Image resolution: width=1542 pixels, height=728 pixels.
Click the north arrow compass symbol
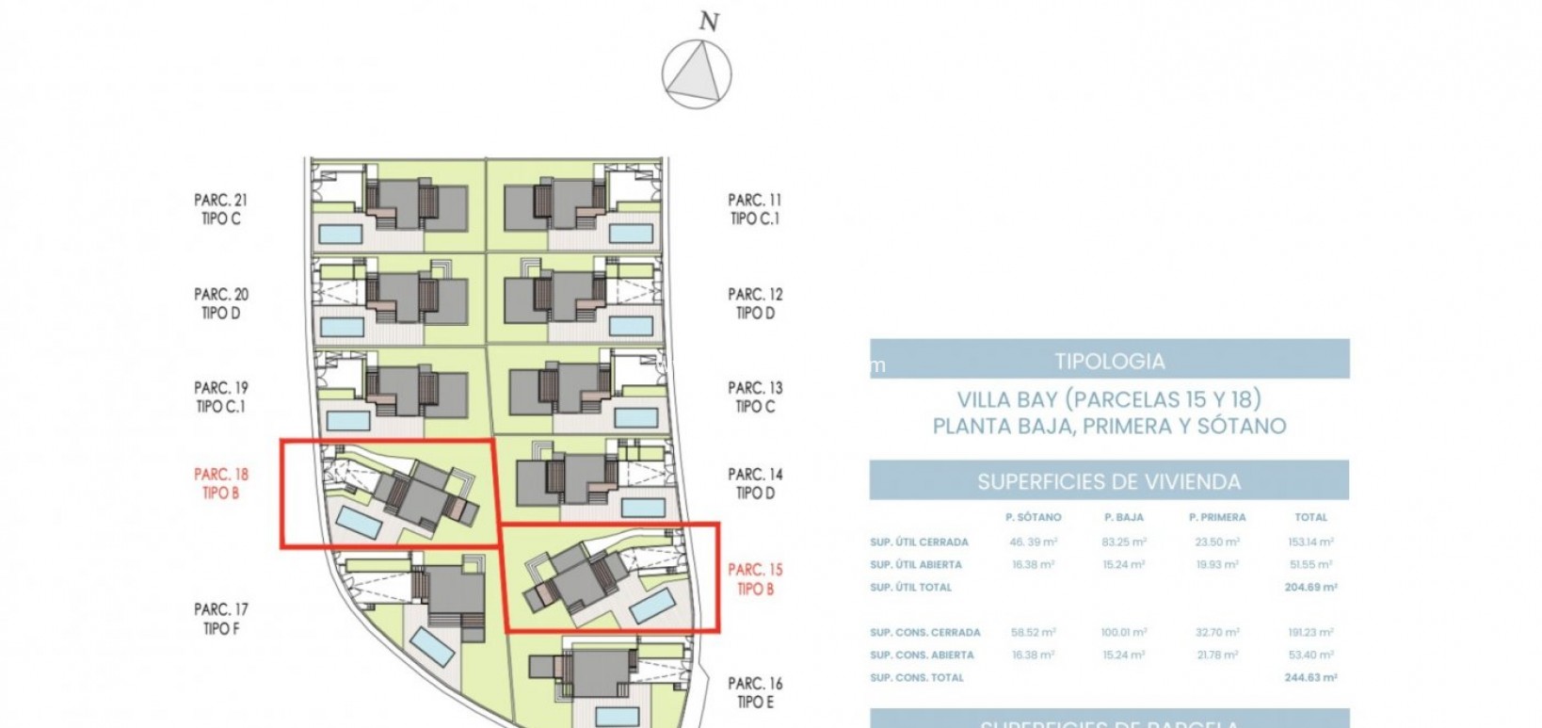[x=697, y=74]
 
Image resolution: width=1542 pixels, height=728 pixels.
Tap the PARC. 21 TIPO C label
[x=220, y=209]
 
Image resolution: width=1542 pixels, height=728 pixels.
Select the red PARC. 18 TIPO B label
[x=220, y=483]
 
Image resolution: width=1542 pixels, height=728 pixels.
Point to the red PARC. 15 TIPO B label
[x=755, y=579]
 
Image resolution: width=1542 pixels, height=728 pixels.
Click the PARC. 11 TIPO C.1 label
[x=755, y=209]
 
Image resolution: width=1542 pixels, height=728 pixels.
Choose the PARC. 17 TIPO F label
[x=220, y=619]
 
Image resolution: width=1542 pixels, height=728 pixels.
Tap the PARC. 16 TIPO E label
[x=755, y=692]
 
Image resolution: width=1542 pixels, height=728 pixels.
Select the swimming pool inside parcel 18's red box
[x=361, y=522]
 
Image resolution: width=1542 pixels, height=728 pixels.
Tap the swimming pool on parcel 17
[x=434, y=644]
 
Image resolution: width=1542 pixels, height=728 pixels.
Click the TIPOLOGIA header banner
[x=1109, y=361]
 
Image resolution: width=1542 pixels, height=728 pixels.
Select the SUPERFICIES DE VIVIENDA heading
[x=1109, y=482]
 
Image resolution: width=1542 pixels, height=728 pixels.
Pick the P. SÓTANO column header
[x=1033, y=517]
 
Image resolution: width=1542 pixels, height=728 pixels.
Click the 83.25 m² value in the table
[x=1123, y=542]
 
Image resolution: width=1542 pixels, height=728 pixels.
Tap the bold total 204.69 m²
[x=1310, y=588]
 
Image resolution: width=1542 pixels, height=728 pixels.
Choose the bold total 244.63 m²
[x=1310, y=678]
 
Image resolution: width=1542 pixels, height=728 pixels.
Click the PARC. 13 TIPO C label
[x=755, y=396]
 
